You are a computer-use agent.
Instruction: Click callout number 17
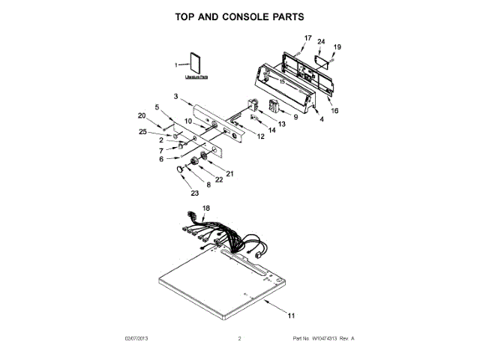click(x=307, y=37)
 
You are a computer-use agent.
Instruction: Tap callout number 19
click(x=337, y=47)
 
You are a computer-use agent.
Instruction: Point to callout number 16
click(x=334, y=110)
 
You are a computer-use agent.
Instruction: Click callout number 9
click(x=295, y=117)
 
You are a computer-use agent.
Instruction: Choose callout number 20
click(x=141, y=115)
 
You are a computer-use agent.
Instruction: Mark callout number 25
click(x=142, y=132)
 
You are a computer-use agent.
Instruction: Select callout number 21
click(x=229, y=173)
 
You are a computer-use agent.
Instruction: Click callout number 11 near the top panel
click(x=292, y=316)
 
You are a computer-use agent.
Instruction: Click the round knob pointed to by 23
click(x=181, y=172)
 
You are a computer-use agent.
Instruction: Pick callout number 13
click(x=282, y=123)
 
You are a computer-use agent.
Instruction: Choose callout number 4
click(x=322, y=119)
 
